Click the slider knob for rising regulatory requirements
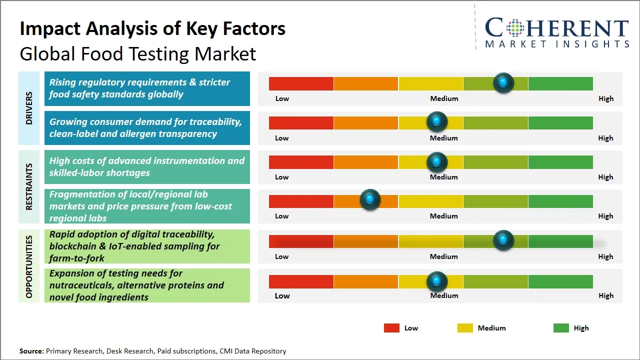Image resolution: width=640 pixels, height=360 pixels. click(503, 82)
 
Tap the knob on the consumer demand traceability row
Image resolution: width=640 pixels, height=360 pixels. click(437, 121)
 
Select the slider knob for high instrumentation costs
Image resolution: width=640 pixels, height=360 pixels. click(437, 161)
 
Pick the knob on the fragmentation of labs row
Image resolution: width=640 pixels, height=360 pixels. click(370, 199)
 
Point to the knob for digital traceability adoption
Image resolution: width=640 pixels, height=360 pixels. click(503, 240)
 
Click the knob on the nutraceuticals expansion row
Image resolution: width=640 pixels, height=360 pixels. click(437, 281)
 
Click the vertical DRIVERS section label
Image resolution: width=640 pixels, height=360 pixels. click(29, 108)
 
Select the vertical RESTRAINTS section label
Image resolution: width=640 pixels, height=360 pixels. click(29, 186)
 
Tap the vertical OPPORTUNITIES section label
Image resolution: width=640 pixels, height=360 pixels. click(29, 266)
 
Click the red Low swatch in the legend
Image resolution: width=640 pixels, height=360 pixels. click(391, 328)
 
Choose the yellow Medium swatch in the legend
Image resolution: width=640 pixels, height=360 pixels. click(465, 328)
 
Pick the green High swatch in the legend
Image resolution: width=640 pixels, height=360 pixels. click(561, 328)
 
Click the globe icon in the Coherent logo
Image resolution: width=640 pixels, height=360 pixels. click(514, 28)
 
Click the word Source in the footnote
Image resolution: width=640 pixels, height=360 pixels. click(31, 351)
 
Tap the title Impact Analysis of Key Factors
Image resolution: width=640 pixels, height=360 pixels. click(152, 29)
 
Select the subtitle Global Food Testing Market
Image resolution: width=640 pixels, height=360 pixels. click(138, 53)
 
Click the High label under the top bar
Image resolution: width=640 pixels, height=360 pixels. click(605, 98)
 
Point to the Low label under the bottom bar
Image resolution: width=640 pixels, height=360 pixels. click(282, 295)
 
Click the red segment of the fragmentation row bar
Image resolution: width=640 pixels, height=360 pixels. click(301, 201)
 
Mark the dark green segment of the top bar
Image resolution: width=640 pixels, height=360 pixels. click(560, 83)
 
